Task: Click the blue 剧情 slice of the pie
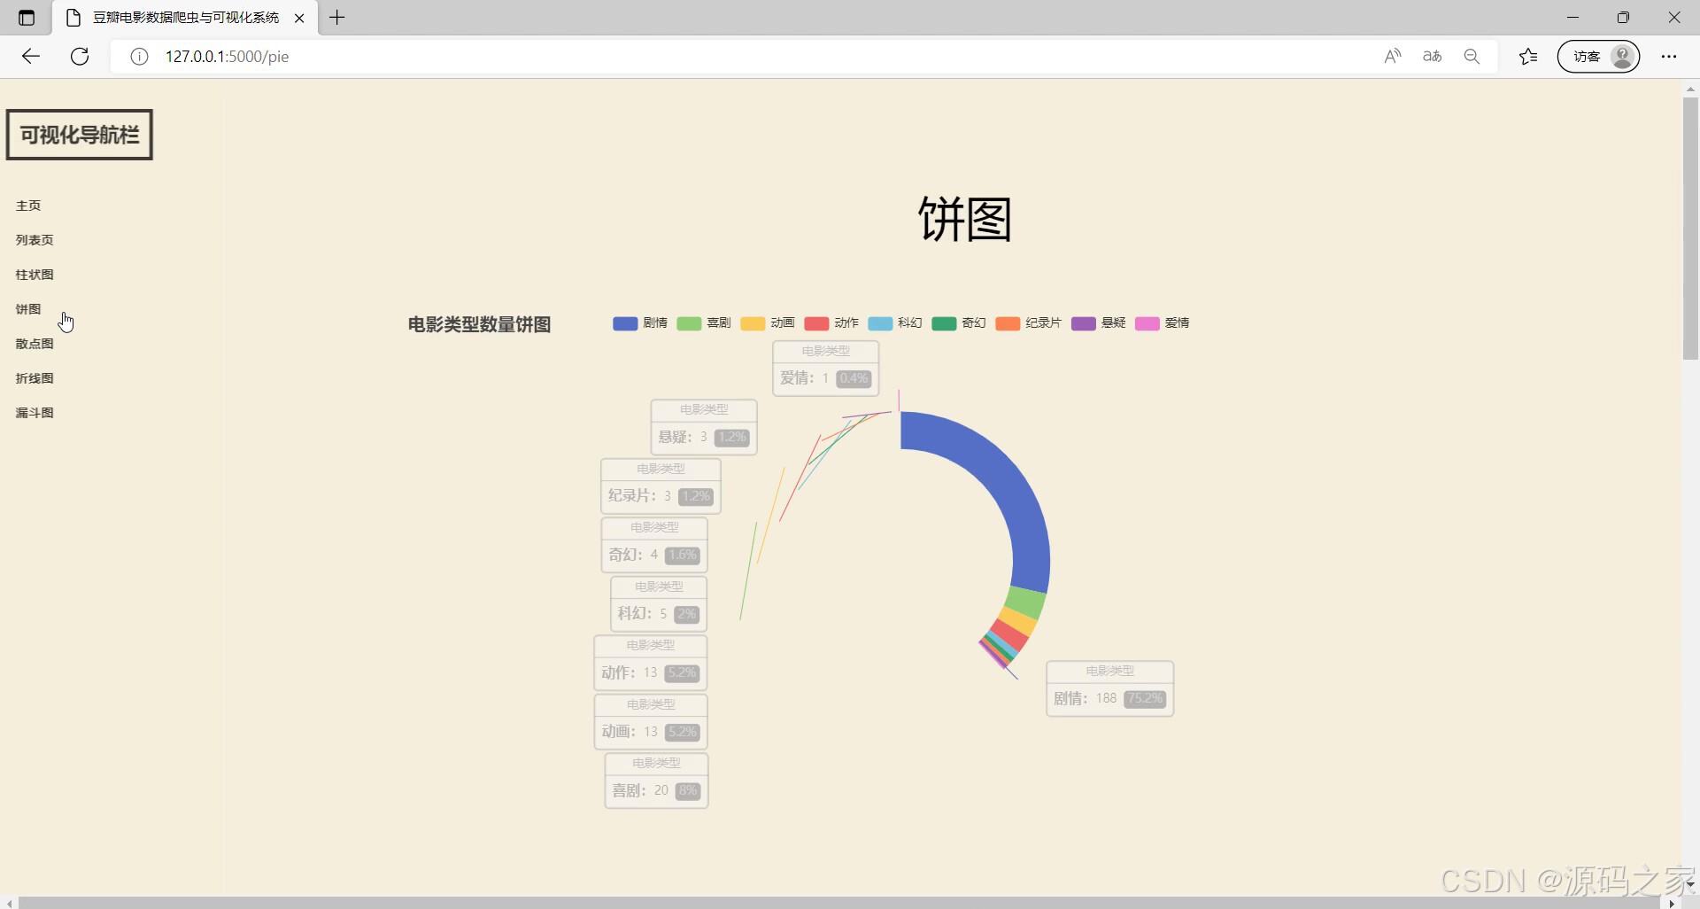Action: click(1018, 505)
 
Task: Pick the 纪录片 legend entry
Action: click(1028, 323)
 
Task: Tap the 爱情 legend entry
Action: click(1162, 323)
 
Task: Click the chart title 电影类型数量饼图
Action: click(479, 325)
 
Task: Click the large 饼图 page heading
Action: click(964, 220)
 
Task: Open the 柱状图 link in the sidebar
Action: click(35, 275)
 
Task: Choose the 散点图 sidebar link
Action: click(35, 344)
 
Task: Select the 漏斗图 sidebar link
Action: click(35, 413)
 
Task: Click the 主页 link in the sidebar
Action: click(28, 206)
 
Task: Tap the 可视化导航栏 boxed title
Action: click(80, 135)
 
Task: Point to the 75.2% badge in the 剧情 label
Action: click(1145, 699)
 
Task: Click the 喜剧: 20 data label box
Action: click(656, 781)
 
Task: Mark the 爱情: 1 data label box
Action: click(825, 369)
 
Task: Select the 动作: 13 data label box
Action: click(651, 663)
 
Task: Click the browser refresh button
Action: click(80, 57)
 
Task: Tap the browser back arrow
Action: click(31, 57)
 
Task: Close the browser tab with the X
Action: click(299, 18)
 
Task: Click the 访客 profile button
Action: click(1598, 57)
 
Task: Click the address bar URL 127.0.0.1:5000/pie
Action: click(228, 57)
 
